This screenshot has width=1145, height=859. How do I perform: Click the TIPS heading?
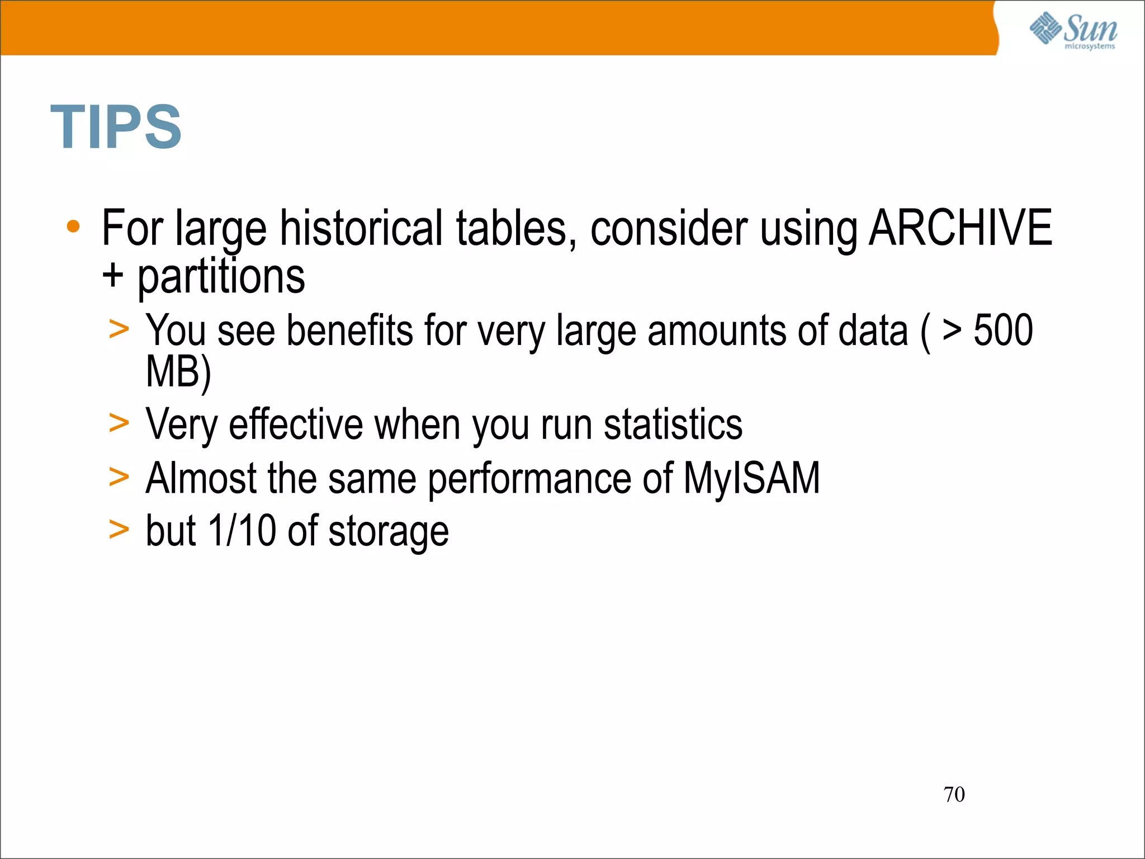pyautogui.click(x=116, y=128)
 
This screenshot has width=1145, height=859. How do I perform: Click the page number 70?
pyautogui.click(x=954, y=794)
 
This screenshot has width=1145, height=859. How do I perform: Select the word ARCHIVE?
pyautogui.click(x=960, y=228)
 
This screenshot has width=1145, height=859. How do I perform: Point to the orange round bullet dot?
pyautogui.click(x=73, y=226)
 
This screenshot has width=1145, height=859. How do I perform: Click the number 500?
pyautogui.click(x=1003, y=331)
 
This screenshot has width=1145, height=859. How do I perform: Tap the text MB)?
pyautogui.click(x=178, y=372)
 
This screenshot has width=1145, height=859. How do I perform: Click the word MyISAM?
pyautogui.click(x=751, y=478)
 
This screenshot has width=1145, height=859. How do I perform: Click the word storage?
pyautogui.click(x=389, y=531)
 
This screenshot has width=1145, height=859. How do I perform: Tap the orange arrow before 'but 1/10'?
pyautogui.click(x=119, y=529)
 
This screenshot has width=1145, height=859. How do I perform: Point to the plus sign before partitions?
pyautogui.click(x=113, y=276)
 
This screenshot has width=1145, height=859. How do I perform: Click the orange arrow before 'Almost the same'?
pyautogui.click(x=119, y=477)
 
